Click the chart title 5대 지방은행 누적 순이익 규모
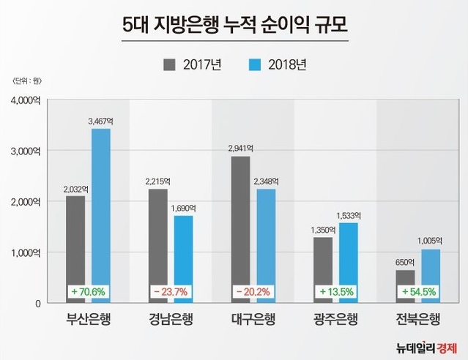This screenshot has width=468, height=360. point(234,29)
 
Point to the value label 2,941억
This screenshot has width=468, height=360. point(241,147)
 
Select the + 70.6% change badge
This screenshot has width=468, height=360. point(89,291)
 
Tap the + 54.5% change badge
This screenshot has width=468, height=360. point(418,291)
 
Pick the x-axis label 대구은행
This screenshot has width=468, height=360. point(253,320)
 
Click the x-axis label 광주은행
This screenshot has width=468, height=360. point(335,320)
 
